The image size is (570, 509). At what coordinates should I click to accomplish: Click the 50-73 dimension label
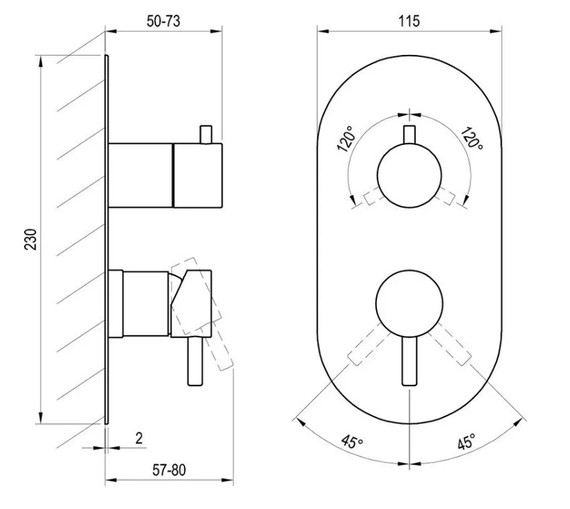[x=163, y=21]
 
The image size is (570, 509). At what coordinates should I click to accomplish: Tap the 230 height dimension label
[x=31, y=239]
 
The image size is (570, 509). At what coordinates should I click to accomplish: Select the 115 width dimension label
[x=409, y=21]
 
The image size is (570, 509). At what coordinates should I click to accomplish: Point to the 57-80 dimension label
[x=169, y=470]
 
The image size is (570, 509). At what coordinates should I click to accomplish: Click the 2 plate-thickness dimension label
[x=139, y=438]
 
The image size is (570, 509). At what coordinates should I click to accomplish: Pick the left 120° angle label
[x=346, y=139]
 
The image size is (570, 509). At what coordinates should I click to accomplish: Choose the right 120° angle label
[x=472, y=139]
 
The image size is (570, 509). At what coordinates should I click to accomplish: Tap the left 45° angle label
[x=352, y=442]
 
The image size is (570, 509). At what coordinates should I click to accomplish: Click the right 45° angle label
[x=467, y=441]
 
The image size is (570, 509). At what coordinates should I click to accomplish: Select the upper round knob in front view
[x=409, y=176]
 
